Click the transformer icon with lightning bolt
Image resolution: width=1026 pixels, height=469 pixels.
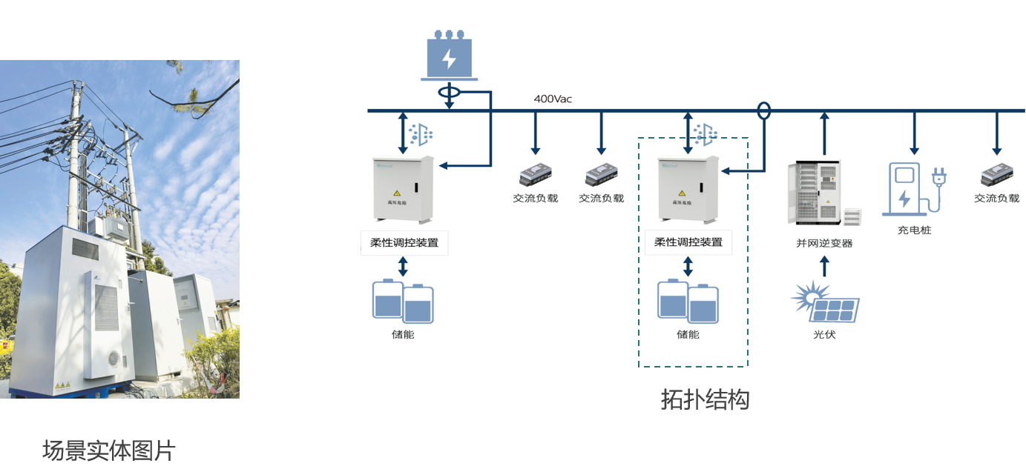(x=449, y=55)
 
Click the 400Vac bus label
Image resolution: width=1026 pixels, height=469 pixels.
(x=553, y=99)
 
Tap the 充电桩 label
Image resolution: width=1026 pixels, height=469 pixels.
(x=914, y=230)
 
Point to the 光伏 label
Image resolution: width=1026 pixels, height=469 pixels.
(x=824, y=334)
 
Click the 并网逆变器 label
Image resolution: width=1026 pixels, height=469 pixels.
(x=824, y=243)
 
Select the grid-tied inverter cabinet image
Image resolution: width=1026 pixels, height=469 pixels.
(x=820, y=191)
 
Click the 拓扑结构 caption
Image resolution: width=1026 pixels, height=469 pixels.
(x=705, y=400)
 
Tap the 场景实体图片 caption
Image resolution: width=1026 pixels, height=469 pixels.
(x=109, y=450)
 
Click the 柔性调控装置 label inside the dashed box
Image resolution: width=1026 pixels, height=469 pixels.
(x=688, y=242)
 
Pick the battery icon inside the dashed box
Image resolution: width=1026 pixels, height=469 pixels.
(x=688, y=302)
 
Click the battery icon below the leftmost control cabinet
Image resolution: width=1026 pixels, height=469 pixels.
(x=403, y=302)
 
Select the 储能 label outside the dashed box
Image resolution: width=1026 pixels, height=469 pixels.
(x=403, y=334)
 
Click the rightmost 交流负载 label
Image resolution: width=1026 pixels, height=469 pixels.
(x=996, y=199)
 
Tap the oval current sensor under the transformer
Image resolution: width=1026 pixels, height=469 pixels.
(x=449, y=93)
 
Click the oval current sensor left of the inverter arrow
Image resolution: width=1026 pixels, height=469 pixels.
(x=763, y=111)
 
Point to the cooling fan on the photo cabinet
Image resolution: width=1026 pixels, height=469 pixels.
(x=114, y=358)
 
